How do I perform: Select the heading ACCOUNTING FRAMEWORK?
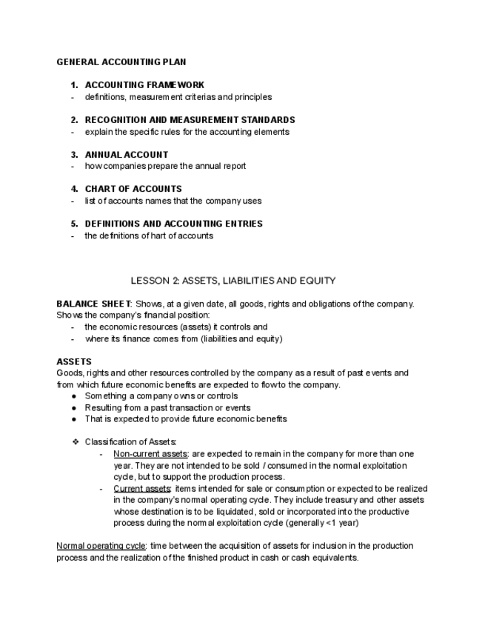click(144, 85)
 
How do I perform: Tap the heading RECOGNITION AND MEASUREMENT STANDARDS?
click(190, 120)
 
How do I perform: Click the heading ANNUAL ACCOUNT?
click(127, 155)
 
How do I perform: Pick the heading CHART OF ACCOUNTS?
click(133, 189)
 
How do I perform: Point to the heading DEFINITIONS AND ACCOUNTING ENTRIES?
click(173, 224)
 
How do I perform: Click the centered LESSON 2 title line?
click(233, 281)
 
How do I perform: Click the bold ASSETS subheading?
click(73, 362)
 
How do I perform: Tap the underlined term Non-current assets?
click(150, 454)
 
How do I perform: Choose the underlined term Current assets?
click(141, 489)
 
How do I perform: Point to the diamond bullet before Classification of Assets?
click(75, 442)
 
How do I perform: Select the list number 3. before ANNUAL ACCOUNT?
click(74, 155)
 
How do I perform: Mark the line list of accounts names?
click(173, 201)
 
